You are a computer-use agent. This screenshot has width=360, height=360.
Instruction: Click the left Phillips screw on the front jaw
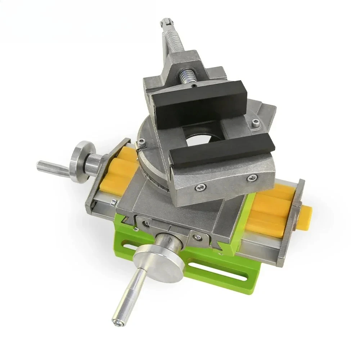201,186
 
